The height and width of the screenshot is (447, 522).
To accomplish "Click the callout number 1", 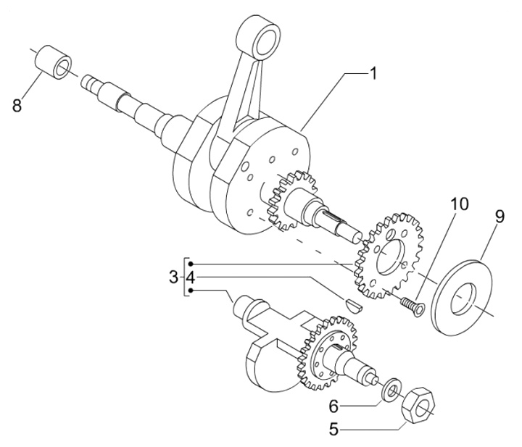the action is tap(373, 73).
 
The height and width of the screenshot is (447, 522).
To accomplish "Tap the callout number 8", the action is tap(17, 106).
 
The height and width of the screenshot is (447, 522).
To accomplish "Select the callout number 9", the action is tap(500, 217).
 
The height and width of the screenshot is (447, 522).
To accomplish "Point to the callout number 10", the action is tap(460, 204).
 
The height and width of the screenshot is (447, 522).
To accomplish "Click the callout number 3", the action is tap(173, 277).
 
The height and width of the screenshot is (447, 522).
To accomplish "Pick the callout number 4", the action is tap(190, 277).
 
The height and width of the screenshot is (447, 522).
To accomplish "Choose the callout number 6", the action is tap(333, 406).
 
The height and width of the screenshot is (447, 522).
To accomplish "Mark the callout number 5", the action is tap(333, 429).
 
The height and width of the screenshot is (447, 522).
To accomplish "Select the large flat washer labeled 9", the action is tap(461, 294).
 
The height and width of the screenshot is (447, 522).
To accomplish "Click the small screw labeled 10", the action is tap(413, 305).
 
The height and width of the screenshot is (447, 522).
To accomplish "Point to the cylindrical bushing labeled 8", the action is tap(53, 62).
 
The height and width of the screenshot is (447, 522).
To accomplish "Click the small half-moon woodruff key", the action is tap(352, 304).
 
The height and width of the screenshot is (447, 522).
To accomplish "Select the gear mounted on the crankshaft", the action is tap(289, 199).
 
